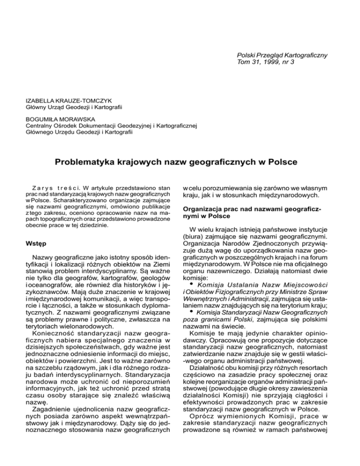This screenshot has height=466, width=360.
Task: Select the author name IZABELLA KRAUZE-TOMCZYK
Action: click(x=60, y=100)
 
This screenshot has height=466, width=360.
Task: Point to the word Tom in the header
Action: click(x=244, y=63)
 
